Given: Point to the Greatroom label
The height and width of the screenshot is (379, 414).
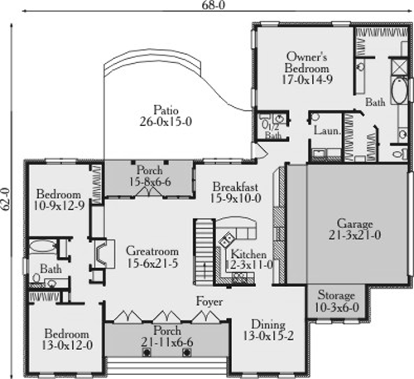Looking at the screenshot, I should click(x=150, y=255).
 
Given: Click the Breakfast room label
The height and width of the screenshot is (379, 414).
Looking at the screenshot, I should click(x=236, y=192).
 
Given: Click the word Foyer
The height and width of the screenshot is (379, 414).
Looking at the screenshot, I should click(x=209, y=302).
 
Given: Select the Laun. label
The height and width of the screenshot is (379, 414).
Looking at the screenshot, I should click(x=324, y=131).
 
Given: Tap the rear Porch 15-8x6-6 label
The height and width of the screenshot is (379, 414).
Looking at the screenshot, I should click(x=147, y=180).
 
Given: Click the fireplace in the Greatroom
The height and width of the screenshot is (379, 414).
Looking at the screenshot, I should click(x=99, y=253).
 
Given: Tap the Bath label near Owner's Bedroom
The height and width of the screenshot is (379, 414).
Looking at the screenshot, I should click(x=376, y=103).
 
